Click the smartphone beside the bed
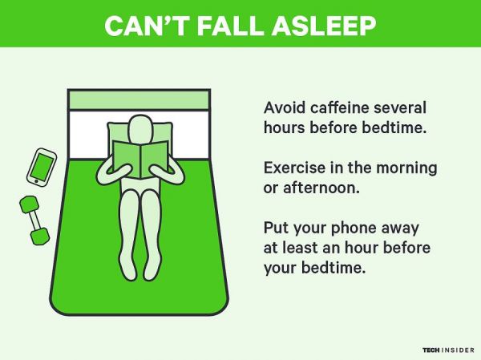[41, 166]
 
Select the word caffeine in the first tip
[340, 108]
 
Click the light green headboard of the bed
[139, 99]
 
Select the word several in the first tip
[401, 108]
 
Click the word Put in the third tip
[276, 228]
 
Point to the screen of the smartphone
[42, 166]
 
